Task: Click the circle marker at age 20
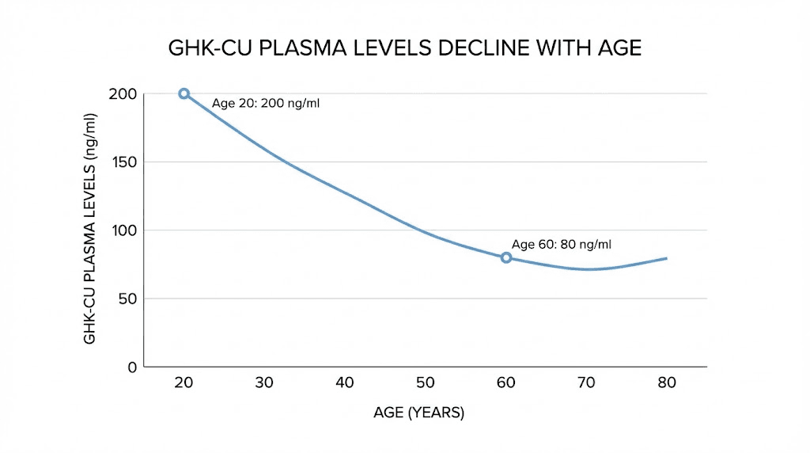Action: pyautogui.click(x=184, y=93)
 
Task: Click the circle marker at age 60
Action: pyautogui.click(x=506, y=257)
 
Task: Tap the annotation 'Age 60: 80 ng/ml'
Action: pyautogui.click(x=561, y=244)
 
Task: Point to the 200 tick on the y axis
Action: pyautogui.click(x=123, y=94)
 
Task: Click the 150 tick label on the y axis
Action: pyautogui.click(x=123, y=162)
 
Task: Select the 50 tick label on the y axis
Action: pyautogui.click(x=127, y=299)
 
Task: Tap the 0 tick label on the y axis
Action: pyautogui.click(x=132, y=367)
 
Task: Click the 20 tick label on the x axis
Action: pyautogui.click(x=184, y=383)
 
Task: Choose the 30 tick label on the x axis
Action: pyautogui.click(x=264, y=383)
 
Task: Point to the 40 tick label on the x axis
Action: pyautogui.click(x=345, y=383)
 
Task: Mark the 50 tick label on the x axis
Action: pyautogui.click(x=426, y=383)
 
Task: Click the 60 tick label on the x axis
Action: pyautogui.click(x=506, y=383)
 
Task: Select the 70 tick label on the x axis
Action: pyautogui.click(x=586, y=383)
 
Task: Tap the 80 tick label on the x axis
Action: pyautogui.click(x=667, y=383)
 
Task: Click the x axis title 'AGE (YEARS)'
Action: pyautogui.click(x=419, y=413)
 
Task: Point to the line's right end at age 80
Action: pyautogui.click(x=666, y=258)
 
